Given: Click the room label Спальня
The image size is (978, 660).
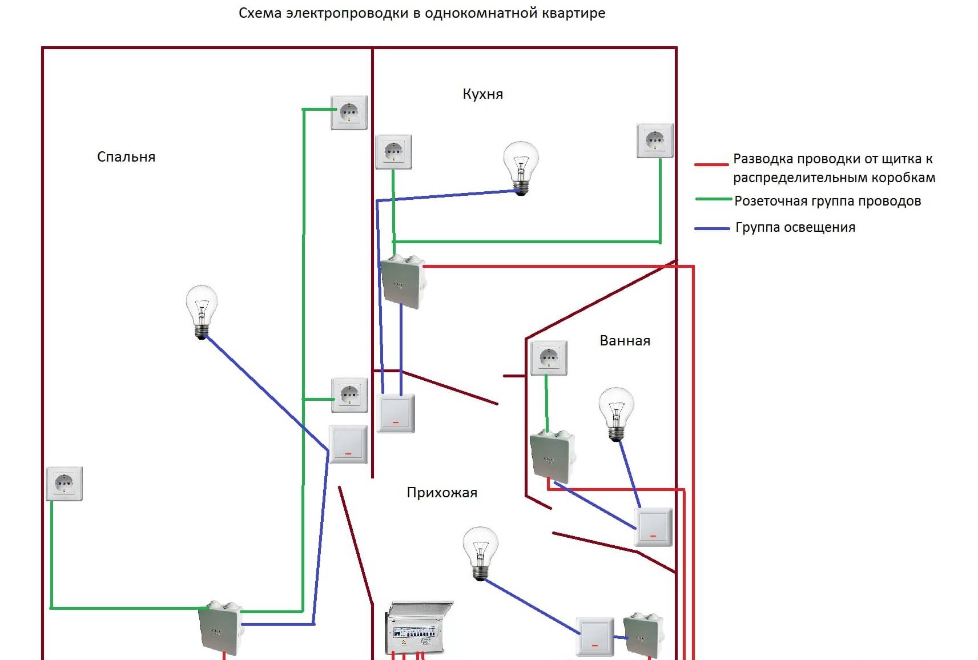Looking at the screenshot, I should [x=126, y=157].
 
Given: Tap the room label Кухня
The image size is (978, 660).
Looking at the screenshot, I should [x=482, y=94].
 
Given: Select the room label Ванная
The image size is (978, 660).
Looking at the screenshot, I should [x=625, y=341].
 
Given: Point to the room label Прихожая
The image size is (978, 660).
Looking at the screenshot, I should [x=442, y=493].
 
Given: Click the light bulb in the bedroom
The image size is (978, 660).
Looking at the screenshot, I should [x=202, y=311].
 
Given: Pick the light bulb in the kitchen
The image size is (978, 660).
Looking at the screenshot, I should [x=521, y=167].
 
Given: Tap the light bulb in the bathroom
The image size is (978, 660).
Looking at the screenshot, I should [x=616, y=413].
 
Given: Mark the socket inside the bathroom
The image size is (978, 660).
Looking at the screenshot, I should [x=549, y=358].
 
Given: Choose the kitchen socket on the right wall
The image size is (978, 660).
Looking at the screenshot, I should [x=655, y=140].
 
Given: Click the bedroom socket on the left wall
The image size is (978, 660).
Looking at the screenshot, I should [x=64, y=484].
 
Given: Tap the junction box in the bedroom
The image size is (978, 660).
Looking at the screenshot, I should [x=220, y=628].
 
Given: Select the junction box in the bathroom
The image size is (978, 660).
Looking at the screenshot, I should [x=552, y=457].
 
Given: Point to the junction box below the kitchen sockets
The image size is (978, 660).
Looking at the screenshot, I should [x=403, y=281].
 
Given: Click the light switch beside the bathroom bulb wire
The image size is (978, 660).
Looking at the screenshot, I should [x=653, y=527].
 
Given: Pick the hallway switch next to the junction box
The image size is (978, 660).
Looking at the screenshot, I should [x=595, y=637].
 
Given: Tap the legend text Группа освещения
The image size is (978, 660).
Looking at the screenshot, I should [x=795, y=228].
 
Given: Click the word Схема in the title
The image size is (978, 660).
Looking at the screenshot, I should [x=260, y=13].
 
